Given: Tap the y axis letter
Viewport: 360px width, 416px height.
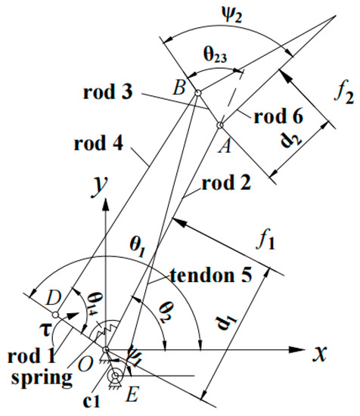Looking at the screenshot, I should pos(97,185).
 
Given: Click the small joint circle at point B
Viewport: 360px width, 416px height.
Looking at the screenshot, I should pos(197,93).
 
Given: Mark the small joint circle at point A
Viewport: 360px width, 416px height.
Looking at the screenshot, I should pos(219,126).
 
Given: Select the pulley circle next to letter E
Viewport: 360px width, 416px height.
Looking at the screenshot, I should pos(115,376).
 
